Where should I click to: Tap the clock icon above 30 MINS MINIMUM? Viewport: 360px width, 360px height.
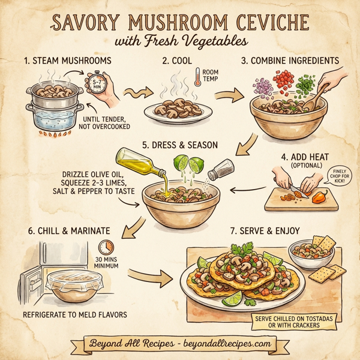click(106, 247)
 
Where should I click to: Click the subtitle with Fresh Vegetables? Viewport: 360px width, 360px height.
click(180, 42)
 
